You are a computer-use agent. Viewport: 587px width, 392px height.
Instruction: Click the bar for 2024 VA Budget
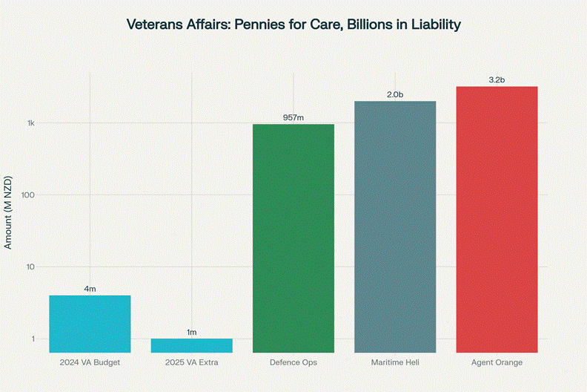coord(90,324)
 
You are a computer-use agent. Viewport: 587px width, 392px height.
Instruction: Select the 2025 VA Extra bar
coord(191,345)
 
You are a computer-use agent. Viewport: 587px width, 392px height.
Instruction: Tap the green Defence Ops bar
coord(293,238)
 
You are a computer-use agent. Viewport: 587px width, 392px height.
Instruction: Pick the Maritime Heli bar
coord(395,226)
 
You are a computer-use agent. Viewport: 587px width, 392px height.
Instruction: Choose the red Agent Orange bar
coord(497,219)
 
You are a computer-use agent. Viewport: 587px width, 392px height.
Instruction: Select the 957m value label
coord(293,117)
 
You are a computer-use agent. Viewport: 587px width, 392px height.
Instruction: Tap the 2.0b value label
coord(395,94)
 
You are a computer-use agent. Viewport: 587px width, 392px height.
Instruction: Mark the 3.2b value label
coord(497,79)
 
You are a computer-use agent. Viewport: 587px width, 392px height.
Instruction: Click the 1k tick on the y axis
coord(31,123)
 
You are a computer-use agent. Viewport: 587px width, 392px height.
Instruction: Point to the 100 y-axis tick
coord(29,195)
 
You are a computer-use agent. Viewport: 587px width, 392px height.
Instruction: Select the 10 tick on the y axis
coord(31,267)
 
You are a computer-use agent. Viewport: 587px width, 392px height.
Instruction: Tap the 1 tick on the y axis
coord(33,339)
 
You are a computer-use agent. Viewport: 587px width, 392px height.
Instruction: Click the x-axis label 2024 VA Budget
coord(90,362)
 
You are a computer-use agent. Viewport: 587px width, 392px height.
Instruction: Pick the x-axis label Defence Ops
coord(293,362)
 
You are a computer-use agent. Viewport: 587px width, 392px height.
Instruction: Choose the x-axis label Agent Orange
coord(497,362)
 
